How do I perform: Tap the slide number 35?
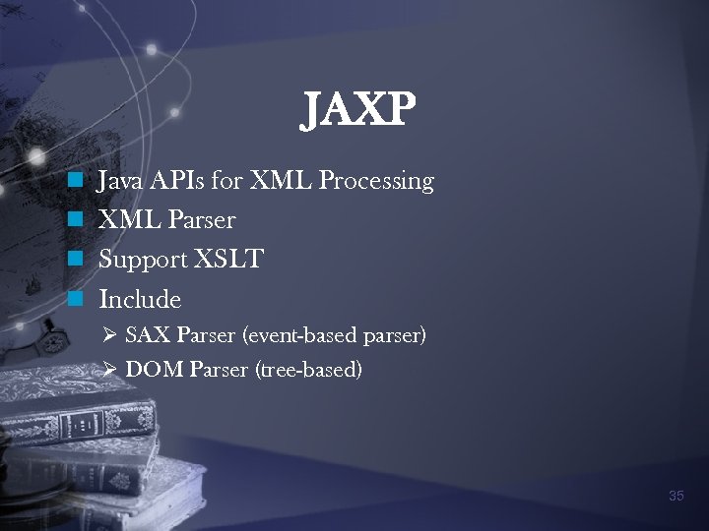click(x=676, y=496)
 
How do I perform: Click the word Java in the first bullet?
click(x=118, y=181)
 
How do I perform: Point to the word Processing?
click(x=377, y=182)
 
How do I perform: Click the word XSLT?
click(x=228, y=260)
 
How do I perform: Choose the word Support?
click(x=143, y=261)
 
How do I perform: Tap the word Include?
click(x=140, y=299)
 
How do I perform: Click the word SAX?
click(x=149, y=336)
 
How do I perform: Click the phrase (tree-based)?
click(x=309, y=371)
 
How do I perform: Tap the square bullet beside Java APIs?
click(x=73, y=182)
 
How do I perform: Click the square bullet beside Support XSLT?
click(x=73, y=261)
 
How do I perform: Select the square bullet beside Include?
click(x=73, y=299)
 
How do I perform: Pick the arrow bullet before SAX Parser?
click(x=110, y=336)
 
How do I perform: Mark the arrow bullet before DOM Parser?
click(x=110, y=371)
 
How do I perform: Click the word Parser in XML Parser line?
click(x=202, y=220)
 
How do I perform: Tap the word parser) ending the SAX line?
click(x=395, y=337)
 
